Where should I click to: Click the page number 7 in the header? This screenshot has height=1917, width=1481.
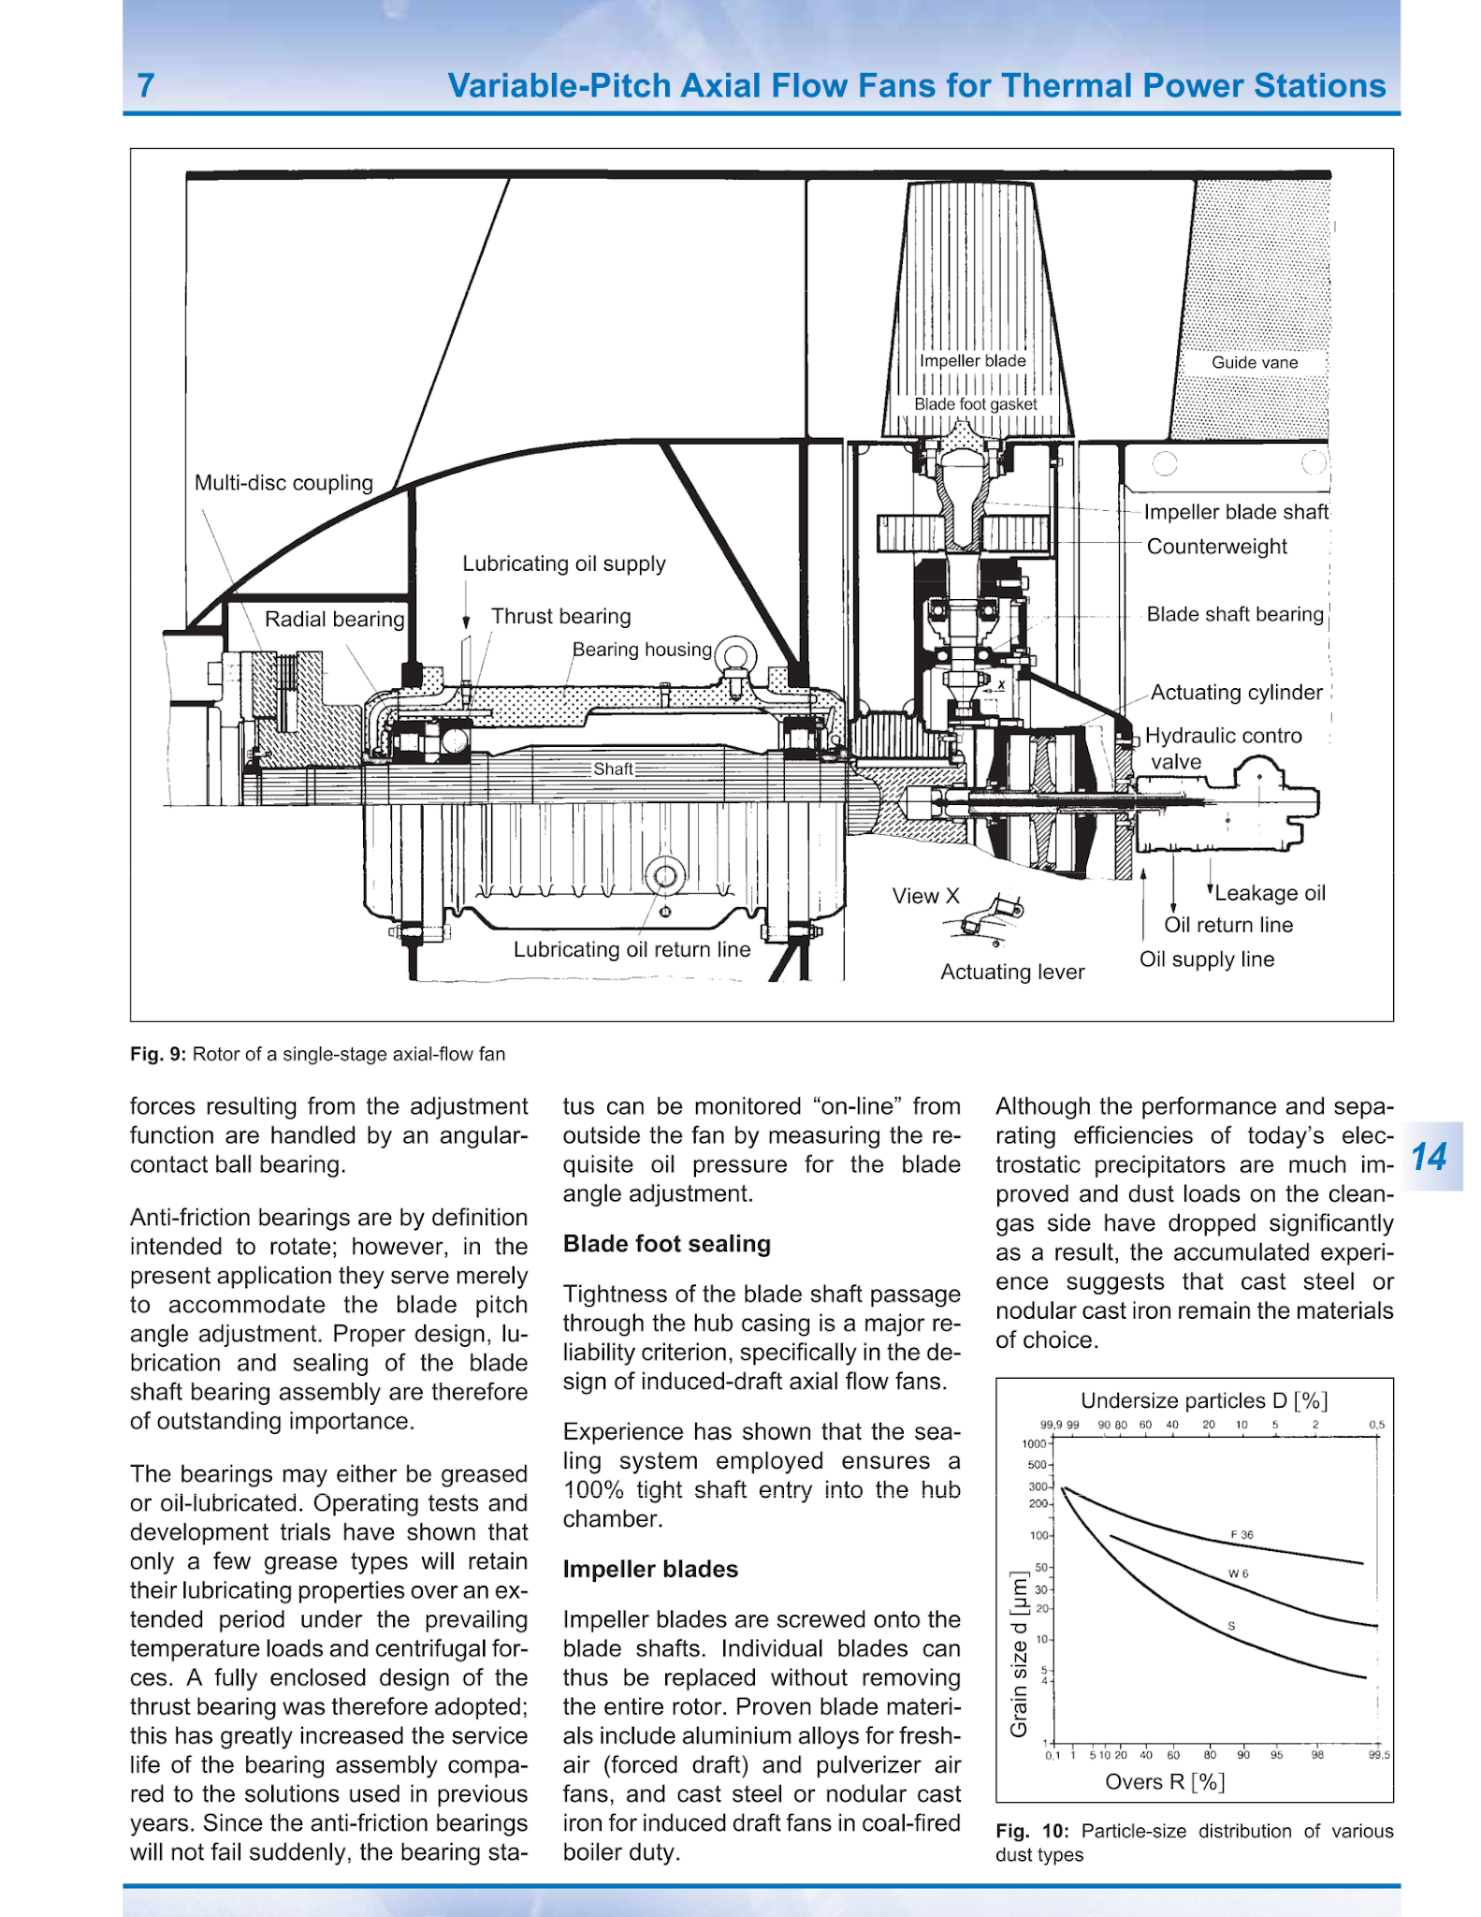click(146, 86)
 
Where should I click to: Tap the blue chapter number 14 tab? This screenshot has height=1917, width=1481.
click(1429, 1157)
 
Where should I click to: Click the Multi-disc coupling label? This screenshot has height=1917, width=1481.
click(283, 483)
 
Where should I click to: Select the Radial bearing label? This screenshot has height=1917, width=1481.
click(334, 619)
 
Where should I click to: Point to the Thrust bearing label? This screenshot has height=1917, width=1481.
click(560, 616)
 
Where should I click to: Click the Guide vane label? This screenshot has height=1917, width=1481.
click(1254, 362)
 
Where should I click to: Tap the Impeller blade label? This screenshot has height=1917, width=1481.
click(972, 360)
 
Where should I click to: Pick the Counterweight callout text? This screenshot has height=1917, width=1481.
click(1216, 547)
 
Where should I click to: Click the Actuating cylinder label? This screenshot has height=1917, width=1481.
click(1236, 693)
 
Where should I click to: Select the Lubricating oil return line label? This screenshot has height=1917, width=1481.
click(632, 949)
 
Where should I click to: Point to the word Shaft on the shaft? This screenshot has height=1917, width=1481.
click(613, 768)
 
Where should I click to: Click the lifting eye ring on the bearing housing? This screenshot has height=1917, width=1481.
click(736, 654)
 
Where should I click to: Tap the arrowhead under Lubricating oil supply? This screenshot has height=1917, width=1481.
click(466, 622)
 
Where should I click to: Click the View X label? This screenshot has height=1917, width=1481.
click(925, 896)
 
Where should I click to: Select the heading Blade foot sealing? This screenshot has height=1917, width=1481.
click(666, 1244)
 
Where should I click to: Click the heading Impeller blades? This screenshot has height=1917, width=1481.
click(650, 1570)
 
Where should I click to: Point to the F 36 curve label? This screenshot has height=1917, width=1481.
click(1241, 1535)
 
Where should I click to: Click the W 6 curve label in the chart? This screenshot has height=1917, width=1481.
click(1238, 1573)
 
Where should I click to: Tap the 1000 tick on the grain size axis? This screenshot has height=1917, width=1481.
click(1034, 1443)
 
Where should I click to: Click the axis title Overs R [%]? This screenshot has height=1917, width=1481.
click(1165, 1781)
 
